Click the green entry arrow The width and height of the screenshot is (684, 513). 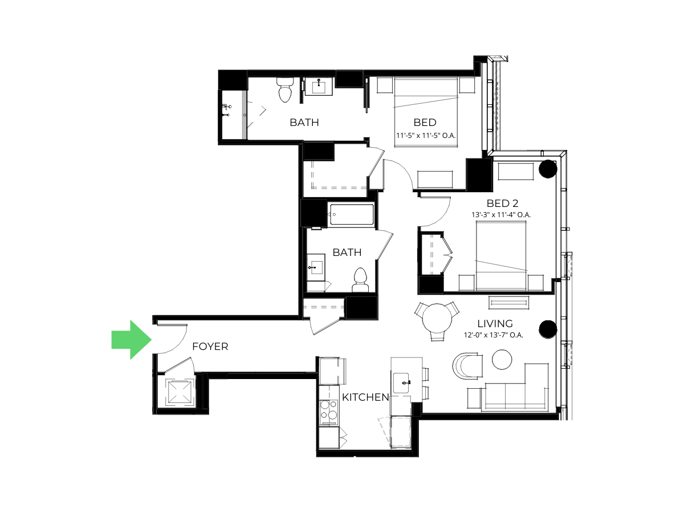(132, 340)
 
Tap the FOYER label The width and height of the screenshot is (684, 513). (210, 347)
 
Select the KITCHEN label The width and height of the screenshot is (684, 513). (365, 397)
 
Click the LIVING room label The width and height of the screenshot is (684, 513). (495, 324)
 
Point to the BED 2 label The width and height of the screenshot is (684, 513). (502, 203)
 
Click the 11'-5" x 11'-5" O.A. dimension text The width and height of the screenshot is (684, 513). (426, 136)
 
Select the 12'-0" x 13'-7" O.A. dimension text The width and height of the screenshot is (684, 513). (493, 335)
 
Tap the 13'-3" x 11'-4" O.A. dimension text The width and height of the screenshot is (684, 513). (501, 215)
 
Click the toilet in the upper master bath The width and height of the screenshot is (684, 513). (285, 89)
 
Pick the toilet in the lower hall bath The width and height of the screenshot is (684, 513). (360, 280)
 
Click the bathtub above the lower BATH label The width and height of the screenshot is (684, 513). (352, 214)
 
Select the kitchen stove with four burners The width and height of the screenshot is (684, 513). (329, 412)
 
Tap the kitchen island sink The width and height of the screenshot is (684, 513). (401, 383)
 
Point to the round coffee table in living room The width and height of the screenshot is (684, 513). (502, 360)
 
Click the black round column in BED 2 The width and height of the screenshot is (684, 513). (548, 169)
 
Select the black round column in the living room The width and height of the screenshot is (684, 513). (548, 329)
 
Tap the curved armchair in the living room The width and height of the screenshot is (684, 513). (467, 366)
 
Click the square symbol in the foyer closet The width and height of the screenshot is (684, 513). (180, 392)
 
